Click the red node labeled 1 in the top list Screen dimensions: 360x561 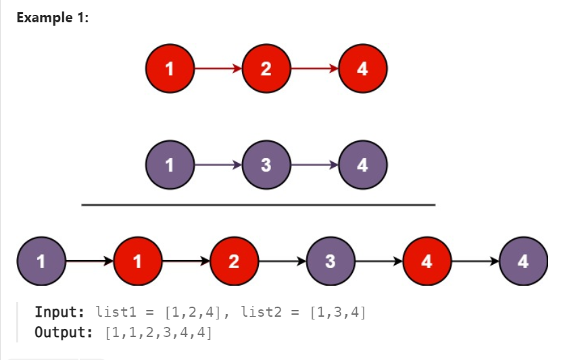(170, 68)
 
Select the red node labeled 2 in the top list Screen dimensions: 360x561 (266, 68)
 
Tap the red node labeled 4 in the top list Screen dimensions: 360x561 (362, 68)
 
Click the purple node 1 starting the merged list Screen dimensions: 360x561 (41, 261)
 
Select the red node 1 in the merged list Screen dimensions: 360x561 (137, 261)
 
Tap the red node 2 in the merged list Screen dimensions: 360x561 (234, 261)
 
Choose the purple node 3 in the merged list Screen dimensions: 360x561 (330, 261)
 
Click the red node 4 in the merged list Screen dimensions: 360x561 (426, 261)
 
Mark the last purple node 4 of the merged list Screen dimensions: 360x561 (522, 261)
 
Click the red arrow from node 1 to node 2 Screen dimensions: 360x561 (218, 68)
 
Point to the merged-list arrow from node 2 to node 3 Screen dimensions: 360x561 (282, 261)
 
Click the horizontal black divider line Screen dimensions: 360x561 (258, 205)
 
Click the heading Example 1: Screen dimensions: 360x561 (53, 17)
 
